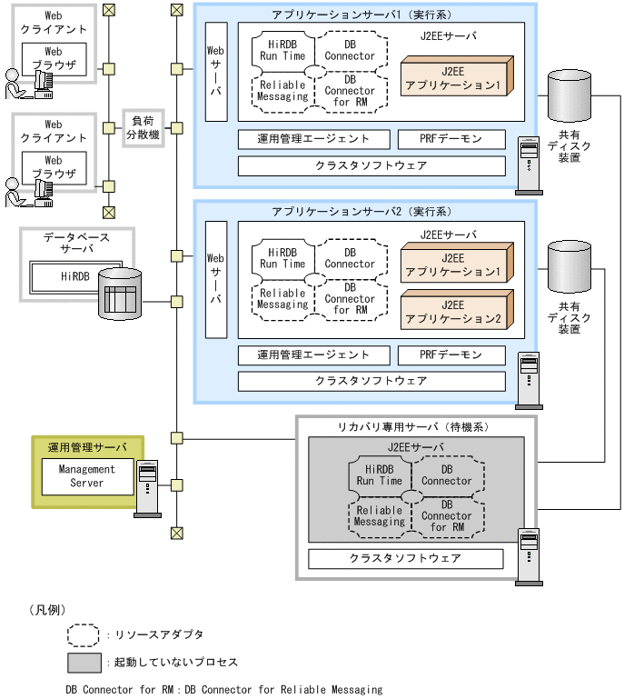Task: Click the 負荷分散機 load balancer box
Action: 143,127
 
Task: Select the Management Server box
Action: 87,476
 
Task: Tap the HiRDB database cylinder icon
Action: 120,294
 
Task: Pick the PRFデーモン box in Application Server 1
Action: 451,139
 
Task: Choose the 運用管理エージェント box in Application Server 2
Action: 313,354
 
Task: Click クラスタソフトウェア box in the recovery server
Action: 405,558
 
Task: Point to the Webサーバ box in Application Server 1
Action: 216,70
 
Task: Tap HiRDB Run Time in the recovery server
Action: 379,474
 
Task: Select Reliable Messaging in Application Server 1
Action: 282,91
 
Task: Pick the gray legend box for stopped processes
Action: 84,662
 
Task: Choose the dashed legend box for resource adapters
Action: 84,634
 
